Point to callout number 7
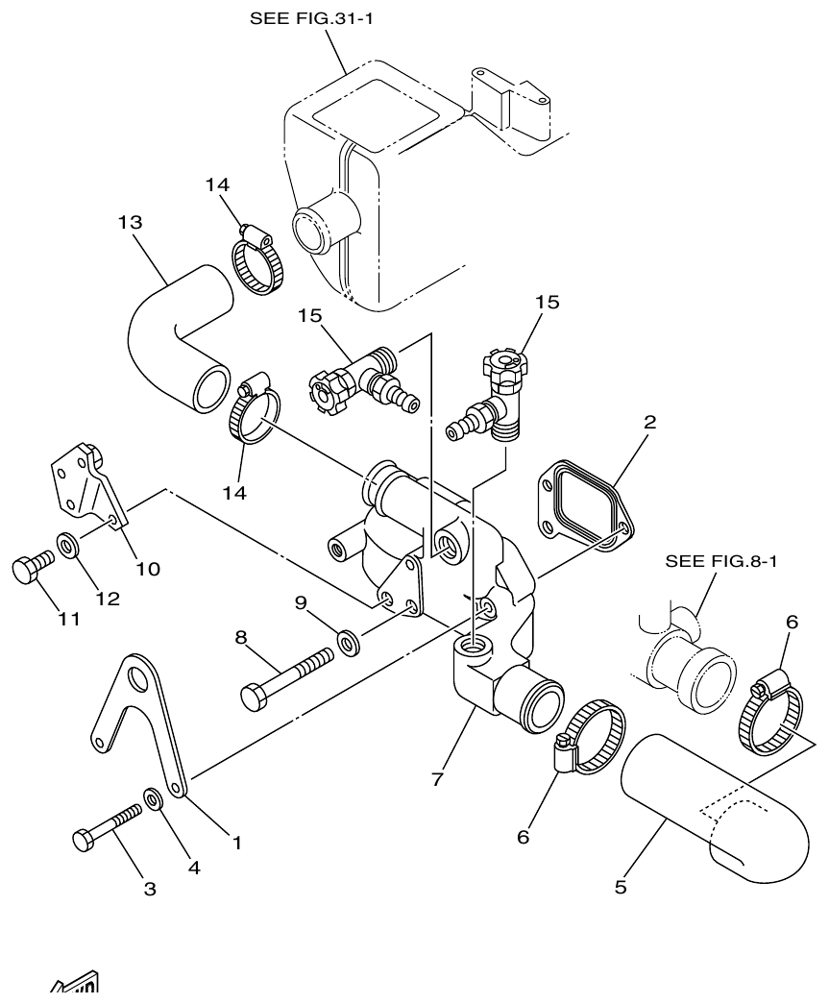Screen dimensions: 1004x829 coord(437,779)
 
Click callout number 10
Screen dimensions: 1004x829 coord(147,568)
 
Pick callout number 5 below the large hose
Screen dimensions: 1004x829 coord(621,887)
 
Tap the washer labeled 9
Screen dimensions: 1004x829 coord(348,642)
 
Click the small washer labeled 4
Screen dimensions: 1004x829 coord(153,797)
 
